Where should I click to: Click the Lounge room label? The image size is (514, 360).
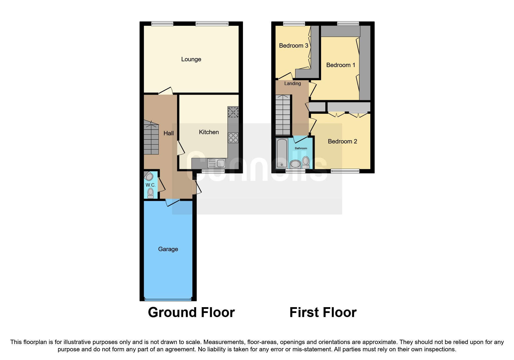(x=191, y=59)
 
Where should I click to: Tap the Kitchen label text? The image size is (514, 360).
(x=209, y=132)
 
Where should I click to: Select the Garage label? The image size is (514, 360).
(x=168, y=249)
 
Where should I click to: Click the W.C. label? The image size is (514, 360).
(x=150, y=185)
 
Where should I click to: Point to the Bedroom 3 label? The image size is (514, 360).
(x=293, y=46)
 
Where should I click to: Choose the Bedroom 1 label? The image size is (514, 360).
(x=340, y=65)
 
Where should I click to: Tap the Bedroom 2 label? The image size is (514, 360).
(x=342, y=141)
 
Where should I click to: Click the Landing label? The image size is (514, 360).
(x=292, y=84)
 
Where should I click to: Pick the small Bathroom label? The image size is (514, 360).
(x=301, y=148)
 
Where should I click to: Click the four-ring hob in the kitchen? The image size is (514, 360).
(x=233, y=138)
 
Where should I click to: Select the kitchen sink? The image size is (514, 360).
(x=217, y=163)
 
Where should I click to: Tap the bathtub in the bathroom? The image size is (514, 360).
(x=282, y=153)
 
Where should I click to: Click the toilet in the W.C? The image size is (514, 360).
(x=150, y=193)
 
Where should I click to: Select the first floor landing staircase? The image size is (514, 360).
(x=283, y=115)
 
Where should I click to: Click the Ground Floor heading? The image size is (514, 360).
(x=191, y=312)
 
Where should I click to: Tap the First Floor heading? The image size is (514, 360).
(x=323, y=312)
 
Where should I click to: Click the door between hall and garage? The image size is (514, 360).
(x=173, y=202)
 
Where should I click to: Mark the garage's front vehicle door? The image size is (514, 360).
(x=168, y=299)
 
